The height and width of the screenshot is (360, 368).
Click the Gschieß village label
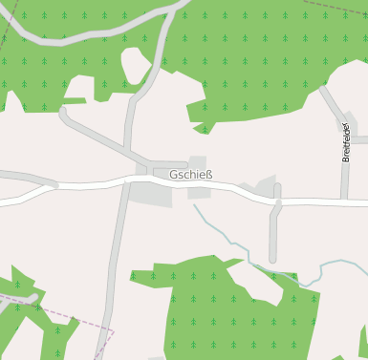pos(190,175)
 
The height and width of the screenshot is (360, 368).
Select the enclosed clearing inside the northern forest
pos(135,66)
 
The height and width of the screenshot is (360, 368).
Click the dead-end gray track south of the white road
pos(274,229)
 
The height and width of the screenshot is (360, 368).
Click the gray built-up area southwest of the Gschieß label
pos(151,194)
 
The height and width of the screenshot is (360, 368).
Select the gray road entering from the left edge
pos(24,177)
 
